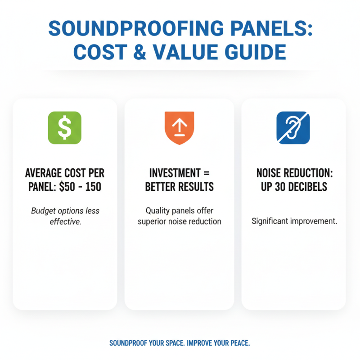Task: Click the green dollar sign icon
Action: coord(64,127)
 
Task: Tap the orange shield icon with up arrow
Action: coord(180,127)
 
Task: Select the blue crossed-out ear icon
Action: coord(293,127)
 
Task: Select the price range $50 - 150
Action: coord(80,187)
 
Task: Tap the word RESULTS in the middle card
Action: coord(197,187)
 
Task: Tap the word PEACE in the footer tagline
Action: coord(238,343)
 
